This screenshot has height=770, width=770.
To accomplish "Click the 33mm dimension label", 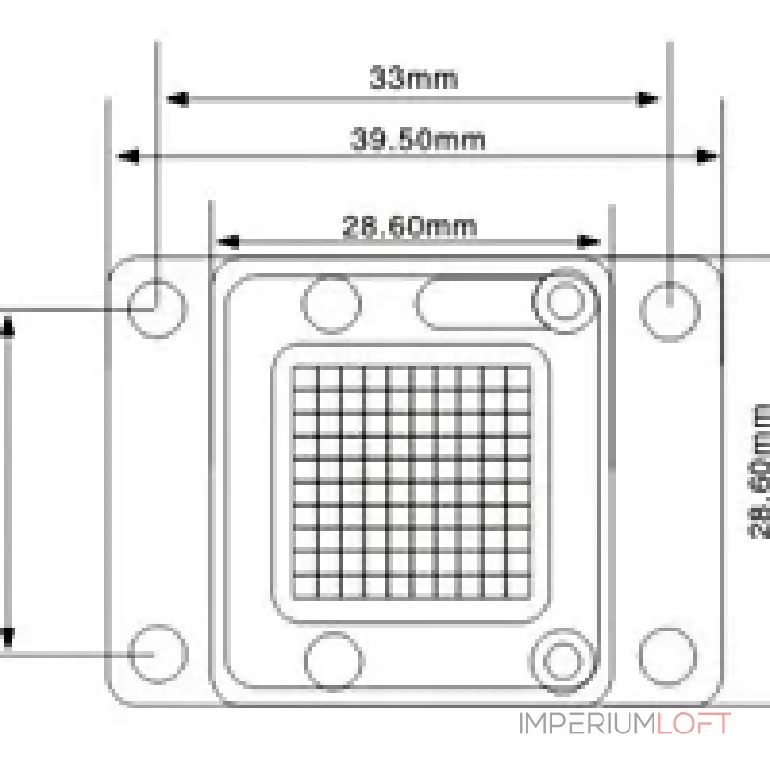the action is point(414,78).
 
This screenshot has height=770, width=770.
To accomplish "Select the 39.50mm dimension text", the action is point(418,140).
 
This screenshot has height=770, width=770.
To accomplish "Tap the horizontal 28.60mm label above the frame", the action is point(410,226).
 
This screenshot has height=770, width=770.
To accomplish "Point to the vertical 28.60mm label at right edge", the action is point(760,472).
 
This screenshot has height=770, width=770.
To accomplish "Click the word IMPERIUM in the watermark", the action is point(587,724).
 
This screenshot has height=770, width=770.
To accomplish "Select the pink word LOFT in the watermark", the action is point(694,724).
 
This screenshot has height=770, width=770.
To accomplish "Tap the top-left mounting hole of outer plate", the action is point(157,308).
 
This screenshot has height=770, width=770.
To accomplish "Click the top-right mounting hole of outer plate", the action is point(669,311).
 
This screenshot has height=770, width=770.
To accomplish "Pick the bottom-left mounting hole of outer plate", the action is point(158,654).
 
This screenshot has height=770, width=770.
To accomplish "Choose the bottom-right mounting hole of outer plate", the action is point(668,656).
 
